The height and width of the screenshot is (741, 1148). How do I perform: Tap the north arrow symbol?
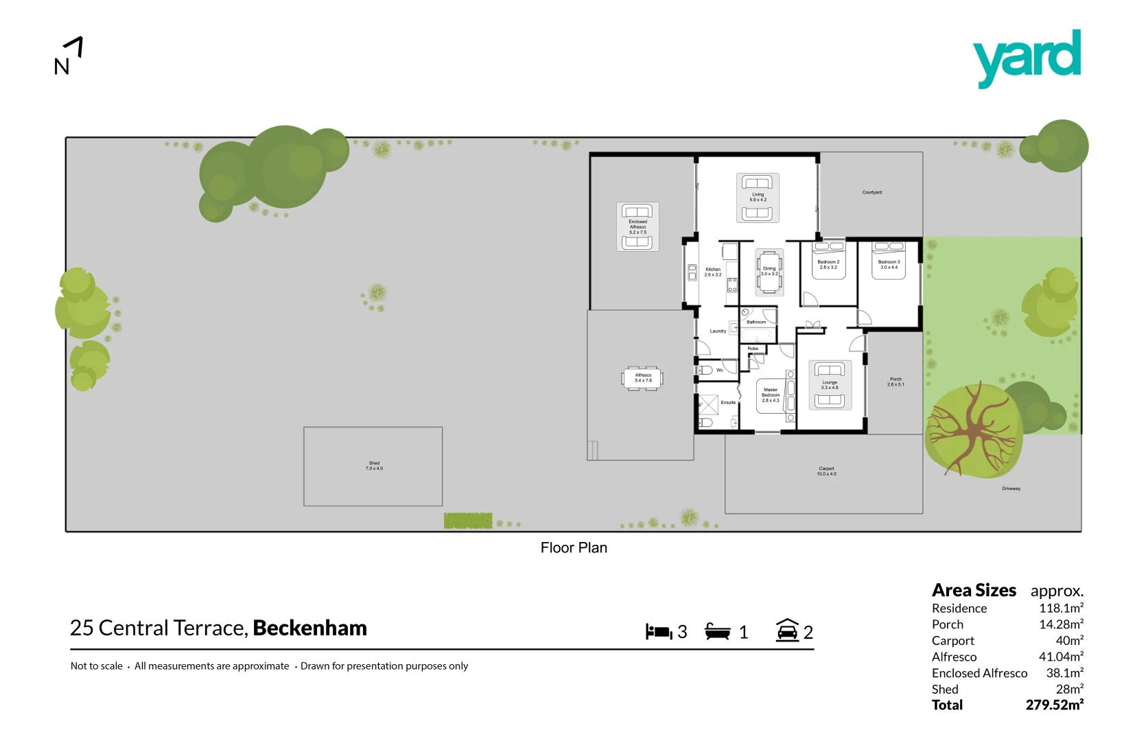coord(69,56)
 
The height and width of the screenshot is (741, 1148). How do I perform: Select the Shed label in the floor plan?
coord(374,466)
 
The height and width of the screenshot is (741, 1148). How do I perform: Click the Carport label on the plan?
coord(826,471)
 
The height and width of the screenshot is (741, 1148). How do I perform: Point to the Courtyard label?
coord(872,193)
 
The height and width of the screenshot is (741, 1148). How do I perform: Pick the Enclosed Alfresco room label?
coord(637,226)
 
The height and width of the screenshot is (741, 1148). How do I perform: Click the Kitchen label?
coord(713,272)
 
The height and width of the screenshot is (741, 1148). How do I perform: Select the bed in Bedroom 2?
coord(829,262)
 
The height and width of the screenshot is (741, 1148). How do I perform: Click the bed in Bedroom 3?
coord(889,261)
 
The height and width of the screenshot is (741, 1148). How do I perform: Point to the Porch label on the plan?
coord(895,381)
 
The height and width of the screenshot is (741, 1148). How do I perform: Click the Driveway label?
coord(1011,489)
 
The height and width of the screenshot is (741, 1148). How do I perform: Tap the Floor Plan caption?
coord(574,548)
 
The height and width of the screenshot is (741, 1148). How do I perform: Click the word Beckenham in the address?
coord(309,628)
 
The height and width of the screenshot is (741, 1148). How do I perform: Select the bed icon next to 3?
coord(659,631)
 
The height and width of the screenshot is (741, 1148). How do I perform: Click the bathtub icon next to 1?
coord(718,631)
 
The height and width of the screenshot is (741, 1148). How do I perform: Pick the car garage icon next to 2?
coord(787,630)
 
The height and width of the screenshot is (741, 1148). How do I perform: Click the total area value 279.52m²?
coord(1054,705)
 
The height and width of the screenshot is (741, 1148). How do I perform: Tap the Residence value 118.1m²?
coord(1061,609)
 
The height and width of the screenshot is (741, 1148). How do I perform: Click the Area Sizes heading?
coord(974,591)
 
